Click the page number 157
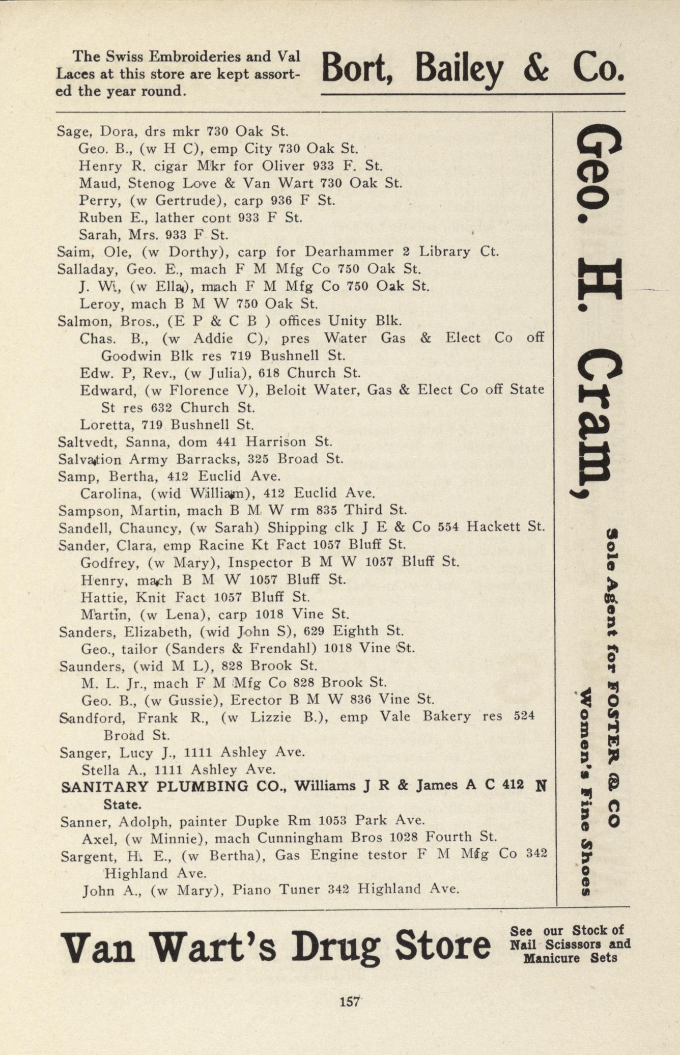click(350, 1001)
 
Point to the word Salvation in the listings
click(90, 459)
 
